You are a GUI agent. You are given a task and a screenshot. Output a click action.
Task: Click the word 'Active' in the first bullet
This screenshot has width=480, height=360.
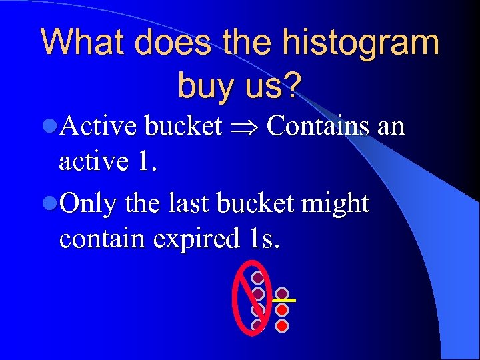[x=98, y=125]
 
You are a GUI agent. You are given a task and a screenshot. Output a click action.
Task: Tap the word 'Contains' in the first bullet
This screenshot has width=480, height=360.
[x=317, y=125]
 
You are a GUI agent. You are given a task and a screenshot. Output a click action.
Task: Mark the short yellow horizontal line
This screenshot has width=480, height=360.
[x=283, y=301]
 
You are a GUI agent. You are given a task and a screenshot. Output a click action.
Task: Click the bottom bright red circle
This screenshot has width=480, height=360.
[x=282, y=326]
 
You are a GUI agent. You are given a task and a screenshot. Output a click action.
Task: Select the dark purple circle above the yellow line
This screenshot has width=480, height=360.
[x=282, y=293]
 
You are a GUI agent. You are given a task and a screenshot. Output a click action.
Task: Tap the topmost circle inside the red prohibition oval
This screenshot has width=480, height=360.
[x=257, y=277]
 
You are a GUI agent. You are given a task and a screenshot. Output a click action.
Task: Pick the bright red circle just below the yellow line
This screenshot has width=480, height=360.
[x=282, y=310]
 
